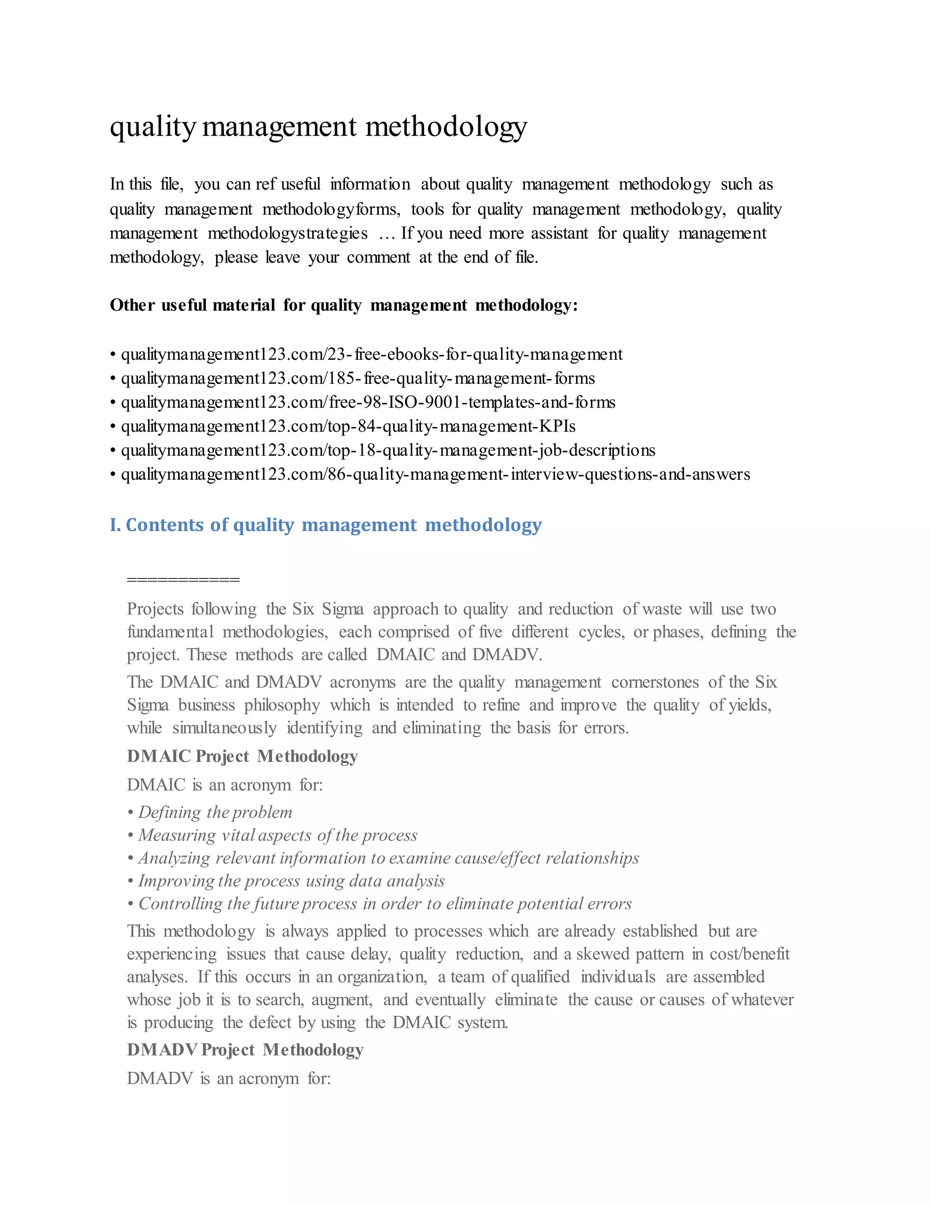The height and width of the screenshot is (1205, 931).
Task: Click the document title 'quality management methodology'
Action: click(x=318, y=126)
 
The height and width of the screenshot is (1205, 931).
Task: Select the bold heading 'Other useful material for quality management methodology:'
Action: click(x=344, y=305)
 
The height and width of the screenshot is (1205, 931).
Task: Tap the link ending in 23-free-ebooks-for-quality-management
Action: click(x=372, y=354)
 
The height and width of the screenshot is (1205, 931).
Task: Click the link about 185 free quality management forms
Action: click(x=358, y=378)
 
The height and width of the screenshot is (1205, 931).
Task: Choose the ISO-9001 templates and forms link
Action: click(x=368, y=402)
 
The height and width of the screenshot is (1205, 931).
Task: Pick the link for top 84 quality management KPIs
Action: click(x=348, y=427)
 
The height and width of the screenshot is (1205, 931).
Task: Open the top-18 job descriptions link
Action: click(x=388, y=450)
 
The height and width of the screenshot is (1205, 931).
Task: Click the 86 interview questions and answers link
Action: click(x=435, y=474)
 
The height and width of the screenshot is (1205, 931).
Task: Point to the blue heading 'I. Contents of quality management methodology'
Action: click(x=325, y=525)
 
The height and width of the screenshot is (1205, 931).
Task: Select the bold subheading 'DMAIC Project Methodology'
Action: click(x=242, y=757)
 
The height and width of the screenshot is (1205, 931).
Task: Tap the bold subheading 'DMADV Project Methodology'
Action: click(x=245, y=1049)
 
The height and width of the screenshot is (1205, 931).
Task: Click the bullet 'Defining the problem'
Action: click(x=215, y=812)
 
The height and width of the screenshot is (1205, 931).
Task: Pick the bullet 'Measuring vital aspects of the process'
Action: click(x=277, y=835)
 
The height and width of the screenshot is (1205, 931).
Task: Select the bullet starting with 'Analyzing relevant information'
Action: click(x=388, y=858)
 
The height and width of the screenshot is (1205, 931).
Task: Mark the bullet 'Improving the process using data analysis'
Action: click(x=291, y=881)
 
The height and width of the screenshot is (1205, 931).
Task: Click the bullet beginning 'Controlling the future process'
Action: click(x=385, y=904)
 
